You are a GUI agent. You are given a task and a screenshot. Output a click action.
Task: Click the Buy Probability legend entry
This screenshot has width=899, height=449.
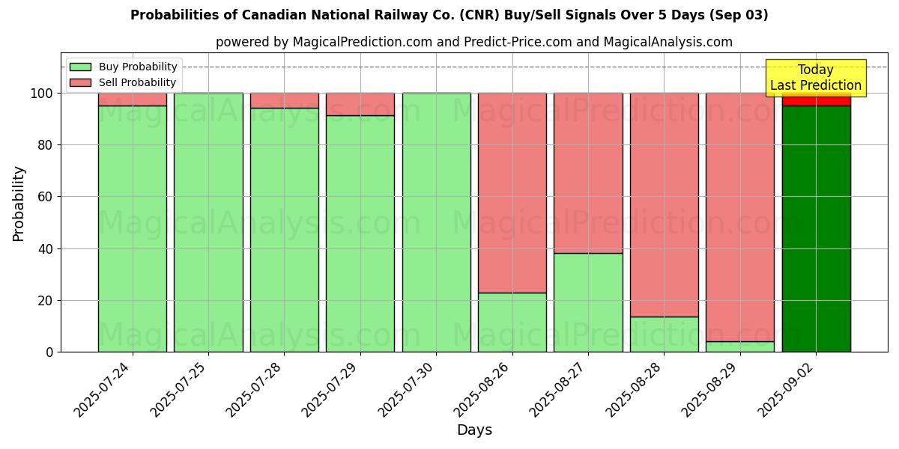pos(124,67)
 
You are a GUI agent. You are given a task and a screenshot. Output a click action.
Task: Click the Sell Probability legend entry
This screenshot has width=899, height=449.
pos(124,82)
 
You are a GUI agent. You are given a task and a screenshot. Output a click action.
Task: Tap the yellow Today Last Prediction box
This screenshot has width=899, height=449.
pos(816,78)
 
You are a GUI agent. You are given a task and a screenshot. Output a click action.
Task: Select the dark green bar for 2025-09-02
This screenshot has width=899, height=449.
pos(816,228)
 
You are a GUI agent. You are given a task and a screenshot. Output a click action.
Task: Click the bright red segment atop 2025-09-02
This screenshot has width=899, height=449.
pos(816,100)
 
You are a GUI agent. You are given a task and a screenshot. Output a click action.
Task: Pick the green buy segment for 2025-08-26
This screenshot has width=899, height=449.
pos(512,322)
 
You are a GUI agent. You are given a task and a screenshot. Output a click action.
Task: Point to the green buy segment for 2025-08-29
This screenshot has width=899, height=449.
pos(740,346)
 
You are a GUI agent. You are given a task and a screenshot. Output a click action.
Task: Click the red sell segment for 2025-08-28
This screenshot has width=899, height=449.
pos(665,204)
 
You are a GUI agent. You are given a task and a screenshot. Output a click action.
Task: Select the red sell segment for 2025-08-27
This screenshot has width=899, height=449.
pos(588,173)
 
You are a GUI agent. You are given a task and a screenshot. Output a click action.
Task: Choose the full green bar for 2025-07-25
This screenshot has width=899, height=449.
pos(208,222)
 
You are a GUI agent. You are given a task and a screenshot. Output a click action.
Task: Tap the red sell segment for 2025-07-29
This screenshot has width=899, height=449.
pos(360,104)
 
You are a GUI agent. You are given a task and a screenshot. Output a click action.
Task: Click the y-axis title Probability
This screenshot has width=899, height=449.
pos(19,203)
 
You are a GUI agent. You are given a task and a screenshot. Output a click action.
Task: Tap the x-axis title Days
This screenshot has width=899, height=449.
pos(474,430)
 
